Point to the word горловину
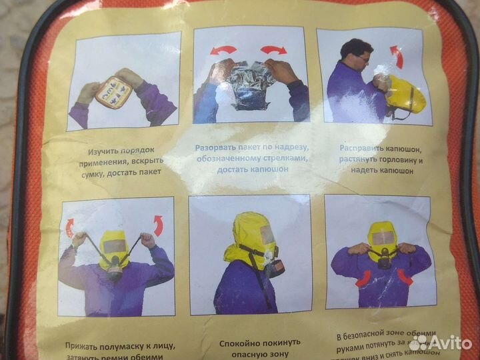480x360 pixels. pyautogui.click(x=396, y=159)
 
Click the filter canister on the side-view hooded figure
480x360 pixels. pyautogui.click(x=274, y=267)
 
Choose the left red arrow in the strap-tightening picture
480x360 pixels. pyautogui.click(x=69, y=229)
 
